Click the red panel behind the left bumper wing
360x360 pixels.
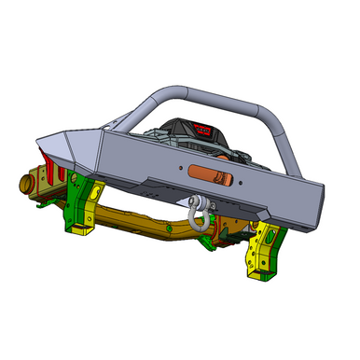47,149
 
